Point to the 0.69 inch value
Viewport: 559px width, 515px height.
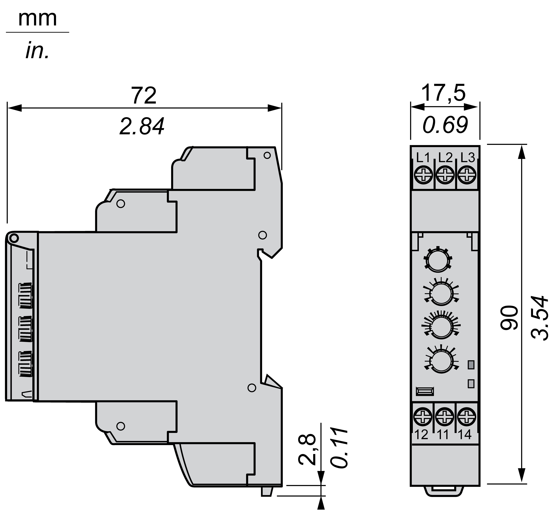click(445, 125)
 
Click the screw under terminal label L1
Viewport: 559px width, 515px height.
click(423, 175)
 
